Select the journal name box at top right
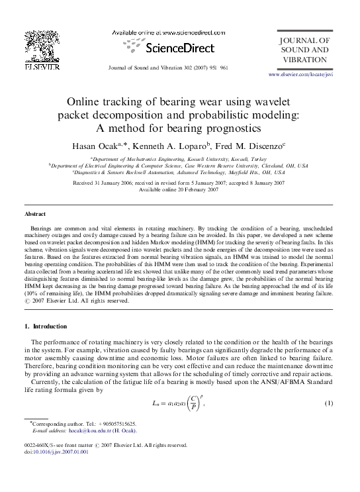304,50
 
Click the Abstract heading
35,215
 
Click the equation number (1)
327,403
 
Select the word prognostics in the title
226,128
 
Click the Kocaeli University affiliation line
179,159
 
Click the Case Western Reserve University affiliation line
179,166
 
